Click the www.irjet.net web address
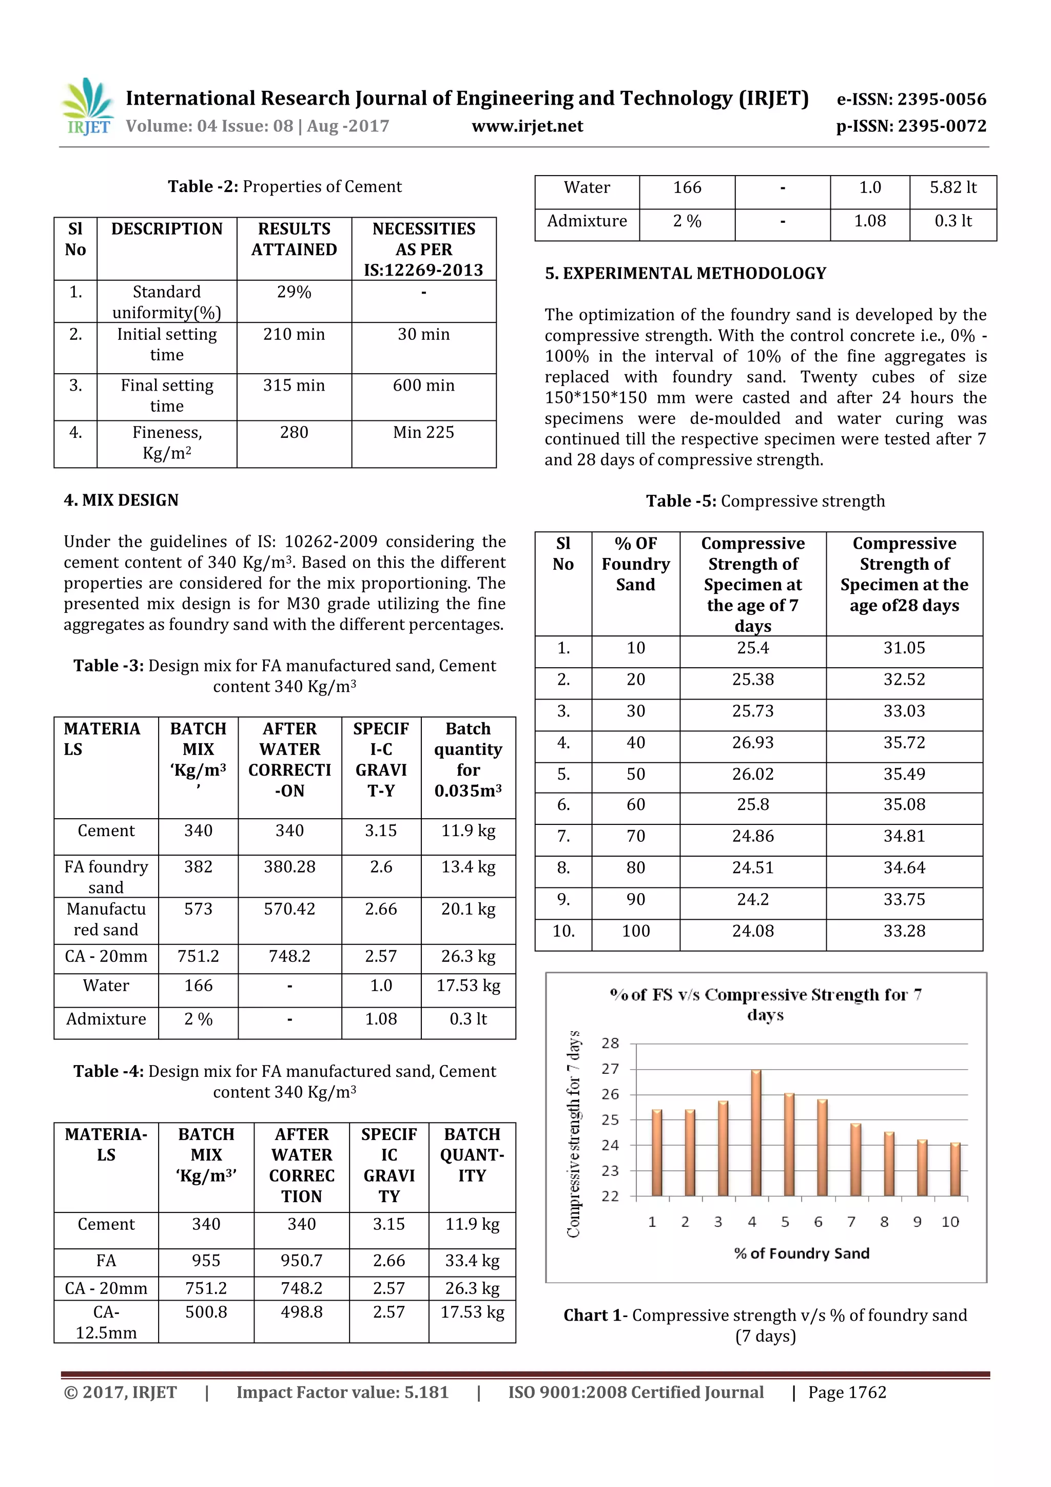(527, 126)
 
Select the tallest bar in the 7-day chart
(756, 1133)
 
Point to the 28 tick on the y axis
(610, 1044)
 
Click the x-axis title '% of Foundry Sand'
(801, 1253)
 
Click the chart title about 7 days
(766, 1004)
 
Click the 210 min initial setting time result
(294, 334)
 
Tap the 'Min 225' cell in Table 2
(423, 432)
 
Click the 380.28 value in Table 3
(289, 866)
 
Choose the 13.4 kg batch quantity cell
(468, 866)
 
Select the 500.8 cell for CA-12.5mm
(206, 1312)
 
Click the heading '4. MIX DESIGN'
(121, 500)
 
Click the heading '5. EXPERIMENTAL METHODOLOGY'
(685, 273)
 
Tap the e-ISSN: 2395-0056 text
(911, 99)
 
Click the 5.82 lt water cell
(952, 187)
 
